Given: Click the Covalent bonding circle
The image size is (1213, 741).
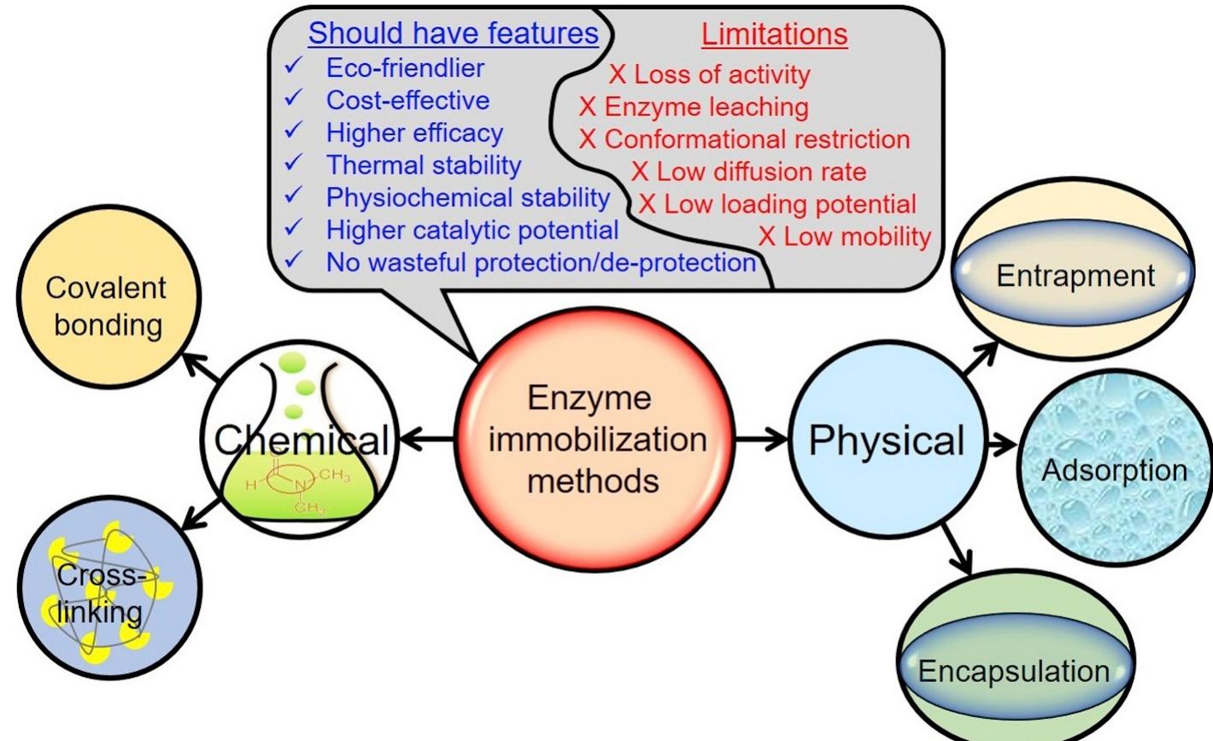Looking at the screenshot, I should (106, 306).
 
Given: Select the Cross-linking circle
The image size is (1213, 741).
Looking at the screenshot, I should (109, 590).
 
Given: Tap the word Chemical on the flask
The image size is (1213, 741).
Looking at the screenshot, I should (301, 441).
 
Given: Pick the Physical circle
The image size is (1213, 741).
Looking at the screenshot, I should (886, 441).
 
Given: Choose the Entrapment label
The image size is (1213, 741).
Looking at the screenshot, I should (1075, 276).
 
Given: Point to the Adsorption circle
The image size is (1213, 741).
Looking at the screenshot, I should (1114, 470).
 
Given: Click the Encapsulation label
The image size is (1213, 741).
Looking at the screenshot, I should (1013, 671).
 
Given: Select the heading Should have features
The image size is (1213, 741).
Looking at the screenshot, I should (453, 33).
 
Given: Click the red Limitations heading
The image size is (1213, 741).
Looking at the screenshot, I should (774, 34).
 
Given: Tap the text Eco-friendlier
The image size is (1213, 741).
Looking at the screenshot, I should (405, 67).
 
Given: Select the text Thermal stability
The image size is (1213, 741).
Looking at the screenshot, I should (423, 164).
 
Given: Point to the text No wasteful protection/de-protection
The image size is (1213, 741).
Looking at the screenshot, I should (541, 262).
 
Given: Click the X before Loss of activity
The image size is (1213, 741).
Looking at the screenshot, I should (617, 75).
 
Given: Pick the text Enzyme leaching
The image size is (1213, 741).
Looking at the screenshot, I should (706, 107).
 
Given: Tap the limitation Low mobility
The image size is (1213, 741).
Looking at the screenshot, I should (857, 236).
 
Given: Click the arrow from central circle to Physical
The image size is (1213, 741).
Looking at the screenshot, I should (761, 440).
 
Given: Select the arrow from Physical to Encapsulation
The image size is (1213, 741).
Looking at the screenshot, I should (958, 549).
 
